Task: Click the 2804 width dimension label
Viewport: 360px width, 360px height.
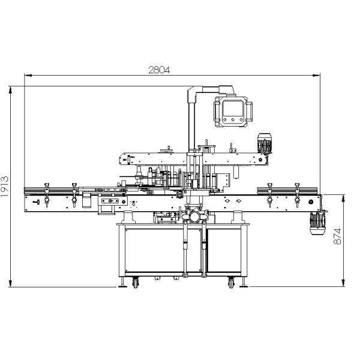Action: [159, 70]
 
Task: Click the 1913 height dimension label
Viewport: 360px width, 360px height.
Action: [5, 187]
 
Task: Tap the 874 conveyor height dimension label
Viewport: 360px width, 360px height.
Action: [337, 236]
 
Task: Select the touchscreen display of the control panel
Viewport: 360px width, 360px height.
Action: [233, 108]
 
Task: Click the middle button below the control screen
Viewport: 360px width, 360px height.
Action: [233, 119]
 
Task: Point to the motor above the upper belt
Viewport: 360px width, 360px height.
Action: [265, 143]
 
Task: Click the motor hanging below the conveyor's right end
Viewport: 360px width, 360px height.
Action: [317, 223]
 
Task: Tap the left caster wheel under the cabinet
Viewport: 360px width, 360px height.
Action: [136, 283]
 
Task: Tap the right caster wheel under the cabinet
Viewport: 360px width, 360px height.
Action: [231, 283]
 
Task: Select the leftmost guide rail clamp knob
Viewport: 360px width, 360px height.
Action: [47, 185]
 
